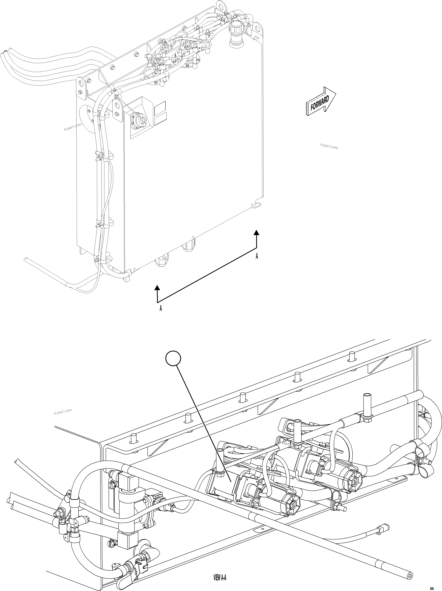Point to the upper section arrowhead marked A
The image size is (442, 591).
(256, 232)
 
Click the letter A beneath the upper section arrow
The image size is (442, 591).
(257, 256)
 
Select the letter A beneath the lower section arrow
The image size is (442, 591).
(161, 308)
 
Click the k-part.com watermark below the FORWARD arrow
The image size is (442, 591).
(329, 146)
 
